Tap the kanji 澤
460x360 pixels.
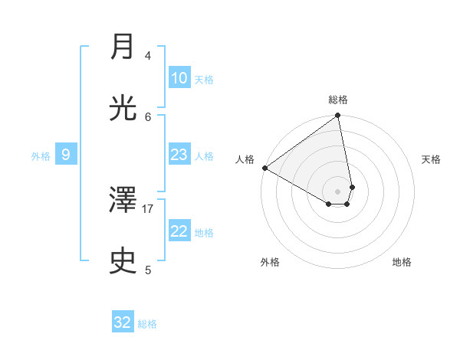click(x=123, y=201)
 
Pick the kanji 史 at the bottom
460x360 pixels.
click(x=123, y=261)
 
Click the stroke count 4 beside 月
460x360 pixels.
click(x=148, y=55)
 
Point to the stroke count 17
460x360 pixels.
click(x=148, y=208)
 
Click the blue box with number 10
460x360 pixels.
click(x=179, y=78)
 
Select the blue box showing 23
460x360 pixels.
click(x=179, y=155)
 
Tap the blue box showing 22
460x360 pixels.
click(x=179, y=231)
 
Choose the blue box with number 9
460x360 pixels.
click(x=66, y=155)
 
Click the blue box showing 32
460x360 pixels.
click(x=123, y=322)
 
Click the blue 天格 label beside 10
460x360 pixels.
click(x=204, y=80)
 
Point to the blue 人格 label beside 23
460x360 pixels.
click(x=204, y=156)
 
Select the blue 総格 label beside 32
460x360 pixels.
click(x=147, y=324)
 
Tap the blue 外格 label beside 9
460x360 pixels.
click(x=41, y=156)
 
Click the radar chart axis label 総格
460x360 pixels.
click(x=338, y=100)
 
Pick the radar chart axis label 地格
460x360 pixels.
click(x=402, y=262)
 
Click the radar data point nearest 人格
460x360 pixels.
click(x=264, y=168)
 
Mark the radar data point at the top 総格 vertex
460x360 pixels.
click(x=338, y=116)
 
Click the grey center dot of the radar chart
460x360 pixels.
click(x=338, y=191)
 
